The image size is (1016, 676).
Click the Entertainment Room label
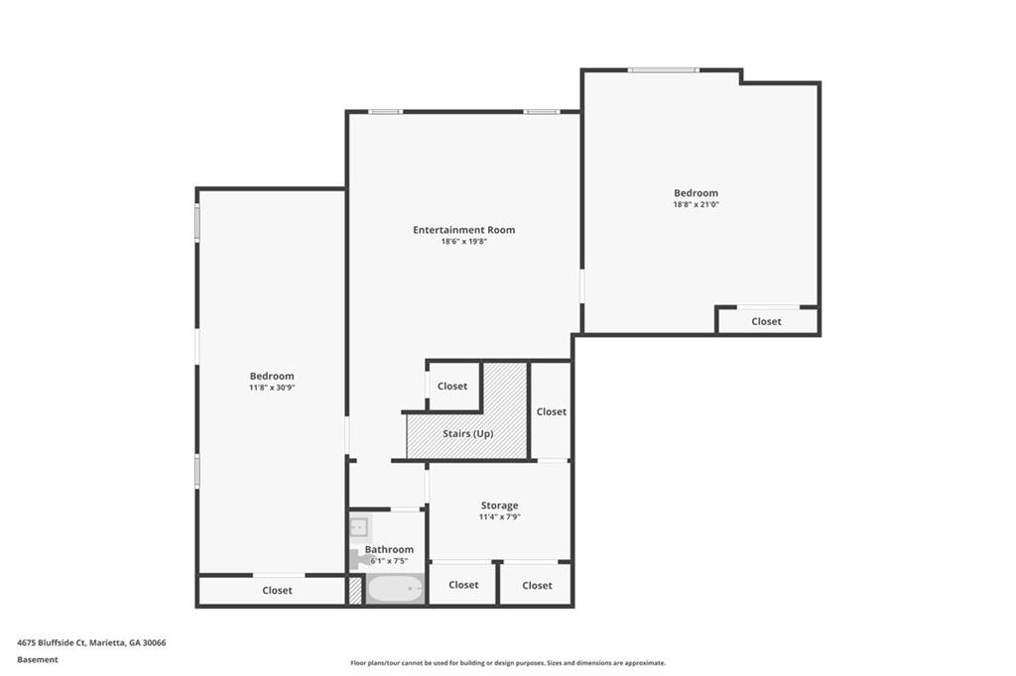coord(463,230)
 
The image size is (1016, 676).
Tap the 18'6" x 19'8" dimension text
coord(463,242)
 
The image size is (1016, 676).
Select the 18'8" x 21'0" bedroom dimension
coord(696,205)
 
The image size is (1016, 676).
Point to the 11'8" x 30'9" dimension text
coord(272,388)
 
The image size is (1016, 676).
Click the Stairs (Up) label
coord(467,433)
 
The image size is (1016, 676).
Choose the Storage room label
coord(499,506)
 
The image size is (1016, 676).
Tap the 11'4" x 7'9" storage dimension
coord(499,517)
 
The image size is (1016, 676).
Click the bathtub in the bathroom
coord(395,589)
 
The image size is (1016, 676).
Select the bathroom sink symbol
coord(359,526)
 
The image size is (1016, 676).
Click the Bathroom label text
coord(389,549)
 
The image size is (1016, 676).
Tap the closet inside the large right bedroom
coord(766,321)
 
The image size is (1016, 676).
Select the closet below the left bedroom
coord(277,591)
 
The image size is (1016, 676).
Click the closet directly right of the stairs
coord(551,411)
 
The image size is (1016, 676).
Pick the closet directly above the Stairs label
coord(452,386)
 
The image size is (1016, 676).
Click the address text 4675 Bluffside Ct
coord(91,642)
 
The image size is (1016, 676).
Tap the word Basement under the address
coord(38,659)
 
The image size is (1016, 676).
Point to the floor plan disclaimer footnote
coord(507,663)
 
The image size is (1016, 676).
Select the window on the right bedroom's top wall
coord(663,70)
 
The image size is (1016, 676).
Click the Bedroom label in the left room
coord(272,376)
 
